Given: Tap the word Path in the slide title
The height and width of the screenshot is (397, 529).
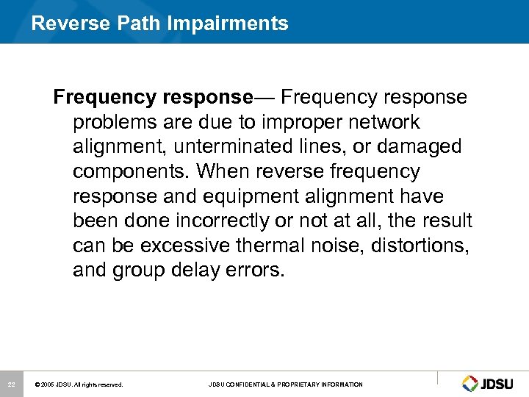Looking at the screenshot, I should tap(140, 24).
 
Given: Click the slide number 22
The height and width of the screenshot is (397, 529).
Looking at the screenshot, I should tap(11, 385).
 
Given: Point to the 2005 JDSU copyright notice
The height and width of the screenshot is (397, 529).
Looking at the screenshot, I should tap(79, 385).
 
